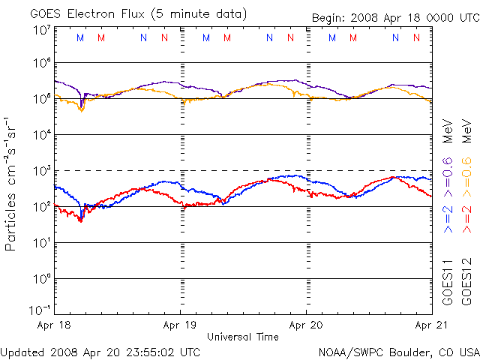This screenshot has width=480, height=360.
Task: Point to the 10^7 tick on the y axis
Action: pyautogui.click(x=40, y=29)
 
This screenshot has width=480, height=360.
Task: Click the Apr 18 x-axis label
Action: pyautogui.click(x=54, y=326)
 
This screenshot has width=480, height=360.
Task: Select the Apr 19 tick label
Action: pyautogui.click(x=180, y=326)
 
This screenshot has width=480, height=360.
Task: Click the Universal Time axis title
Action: pyautogui.click(x=242, y=337)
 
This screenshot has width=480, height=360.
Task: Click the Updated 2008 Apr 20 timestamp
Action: pyautogui.click(x=100, y=351)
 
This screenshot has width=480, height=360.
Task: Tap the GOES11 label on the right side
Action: pyautogui.click(x=448, y=283)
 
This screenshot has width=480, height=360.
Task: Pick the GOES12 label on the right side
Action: pyautogui.click(x=465, y=283)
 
